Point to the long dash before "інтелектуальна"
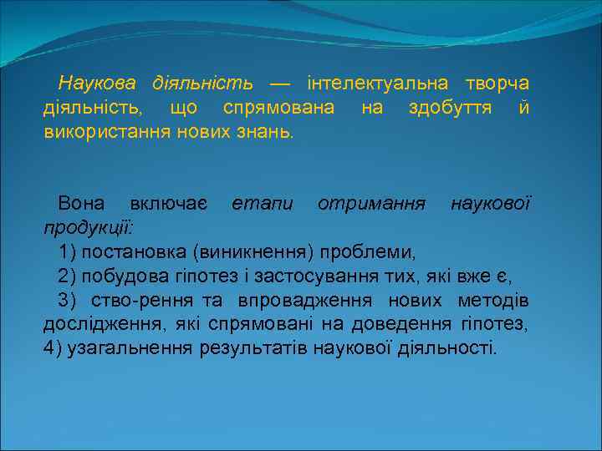[280, 84]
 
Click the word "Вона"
[82, 204]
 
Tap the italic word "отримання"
[371, 204]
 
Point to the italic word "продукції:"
[86, 228]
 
